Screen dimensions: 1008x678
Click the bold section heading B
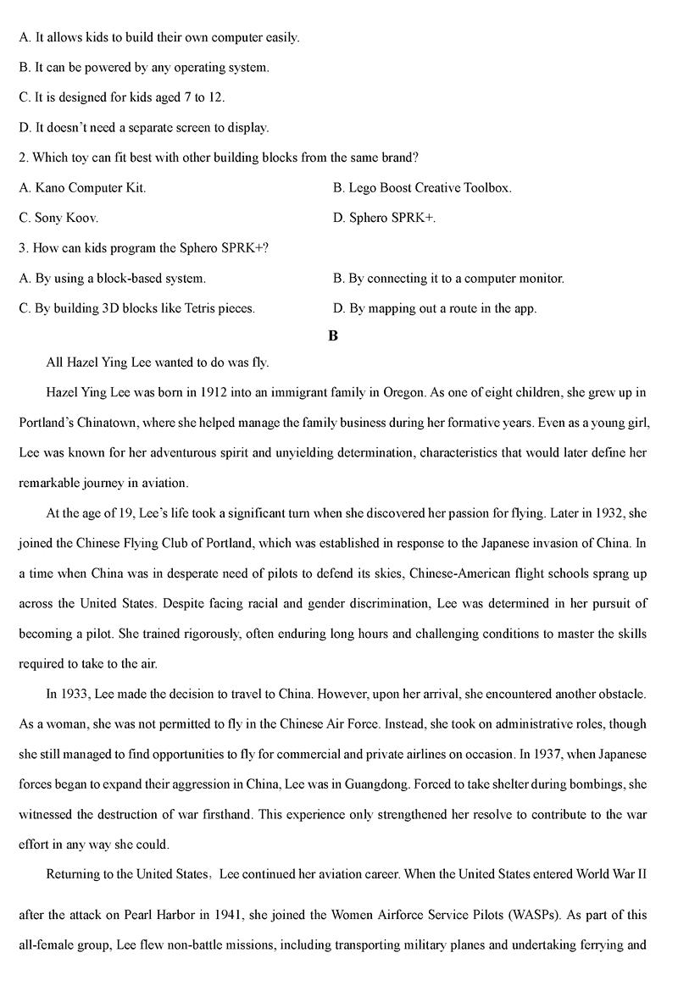tap(333, 336)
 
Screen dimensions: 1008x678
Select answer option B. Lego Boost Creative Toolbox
tap(422, 188)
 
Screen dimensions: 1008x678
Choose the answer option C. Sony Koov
tap(58, 218)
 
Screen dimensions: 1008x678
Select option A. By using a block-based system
tap(112, 278)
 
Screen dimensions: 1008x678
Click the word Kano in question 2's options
tap(51, 188)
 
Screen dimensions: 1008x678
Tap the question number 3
tap(22, 248)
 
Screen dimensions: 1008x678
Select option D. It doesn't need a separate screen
tap(143, 128)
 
